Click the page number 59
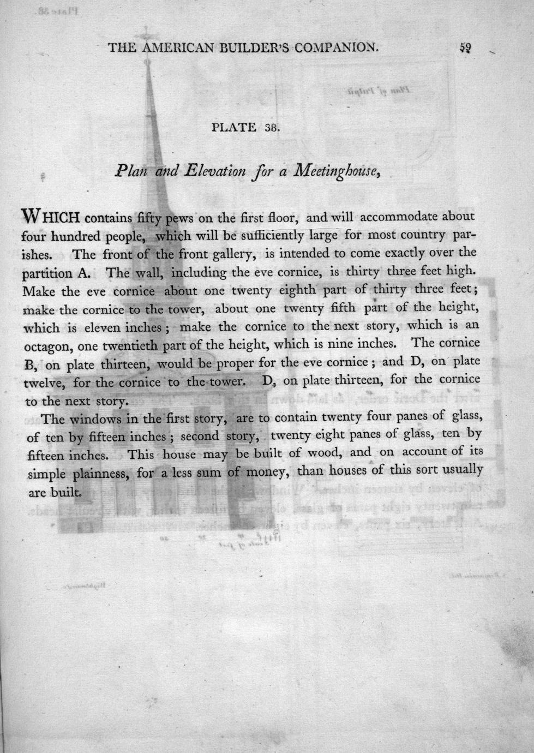pos(465,47)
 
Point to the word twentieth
pos(115,345)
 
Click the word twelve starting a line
pos(45,383)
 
